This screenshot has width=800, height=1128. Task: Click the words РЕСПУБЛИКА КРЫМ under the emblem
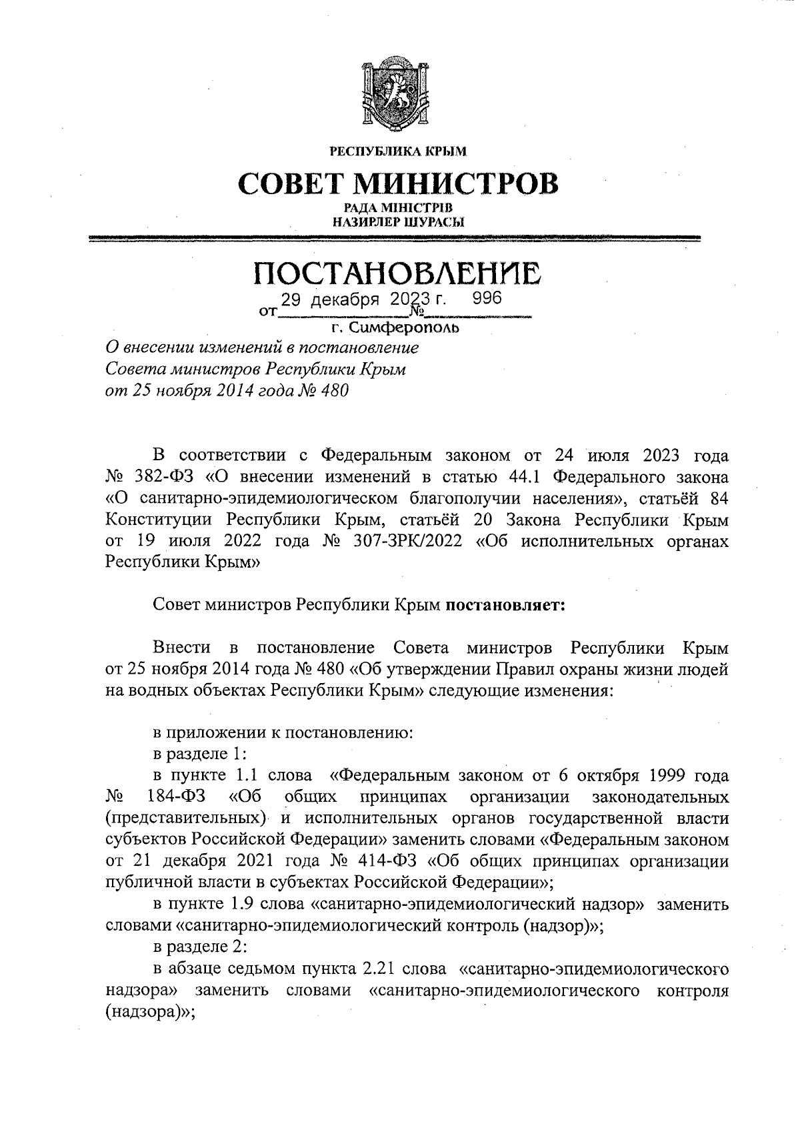pos(399,151)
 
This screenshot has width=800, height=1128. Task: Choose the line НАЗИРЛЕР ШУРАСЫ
pos(399,223)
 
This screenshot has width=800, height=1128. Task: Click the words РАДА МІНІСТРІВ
pos(399,210)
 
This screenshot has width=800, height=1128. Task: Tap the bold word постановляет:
pos(505,606)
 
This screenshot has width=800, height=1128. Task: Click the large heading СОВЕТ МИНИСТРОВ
pos(399,183)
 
